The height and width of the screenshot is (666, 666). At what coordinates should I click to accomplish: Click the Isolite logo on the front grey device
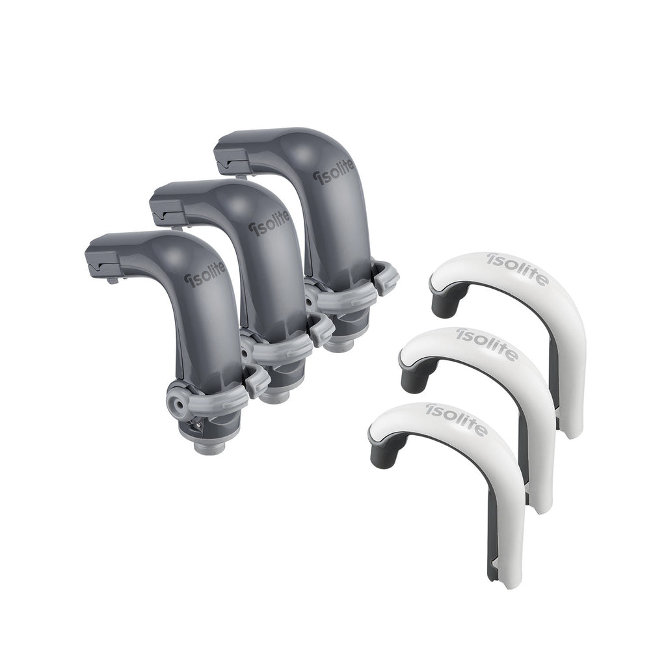205,275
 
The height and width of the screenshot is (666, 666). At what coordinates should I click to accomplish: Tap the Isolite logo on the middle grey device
269,222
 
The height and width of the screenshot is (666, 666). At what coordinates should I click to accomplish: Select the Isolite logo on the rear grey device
334,172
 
